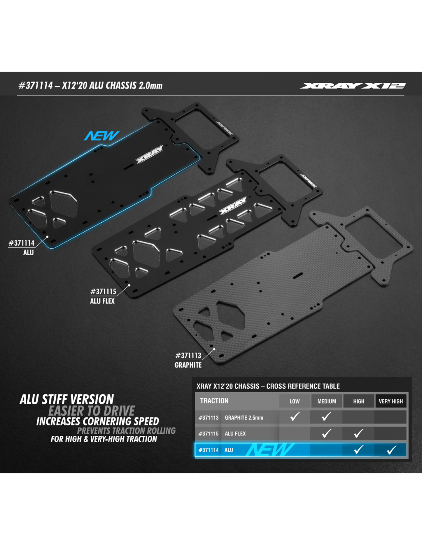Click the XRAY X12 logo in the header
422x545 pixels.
click(x=352, y=86)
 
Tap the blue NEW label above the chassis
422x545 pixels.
click(x=102, y=136)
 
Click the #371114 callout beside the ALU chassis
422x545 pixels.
click(x=22, y=243)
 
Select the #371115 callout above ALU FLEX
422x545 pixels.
click(x=103, y=292)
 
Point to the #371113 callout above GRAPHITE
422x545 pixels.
click(x=188, y=356)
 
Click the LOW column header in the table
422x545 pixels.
click(x=295, y=401)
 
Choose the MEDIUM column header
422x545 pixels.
click(x=326, y=401)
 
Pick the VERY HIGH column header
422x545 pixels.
click(x=391, y=401)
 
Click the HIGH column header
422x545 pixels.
click(x=359, y=401)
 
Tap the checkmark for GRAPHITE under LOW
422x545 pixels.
click(x=295, y=417)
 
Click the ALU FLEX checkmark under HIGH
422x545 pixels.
click(x=359, y=433)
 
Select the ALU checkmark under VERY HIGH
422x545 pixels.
click(x=391, y=450)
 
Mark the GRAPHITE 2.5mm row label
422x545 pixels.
click(x=244, y=418)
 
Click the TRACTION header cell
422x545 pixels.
click(x=214, y=401)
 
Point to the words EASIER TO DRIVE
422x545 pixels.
click(x=92, y=411)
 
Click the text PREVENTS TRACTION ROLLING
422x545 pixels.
click(x=126, y=431)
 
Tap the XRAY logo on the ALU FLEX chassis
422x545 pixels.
click(x=232, y=206)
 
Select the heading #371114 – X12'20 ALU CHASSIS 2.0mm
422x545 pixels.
click(x=91, y=85)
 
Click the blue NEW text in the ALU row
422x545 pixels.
click(x=270, y=450)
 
